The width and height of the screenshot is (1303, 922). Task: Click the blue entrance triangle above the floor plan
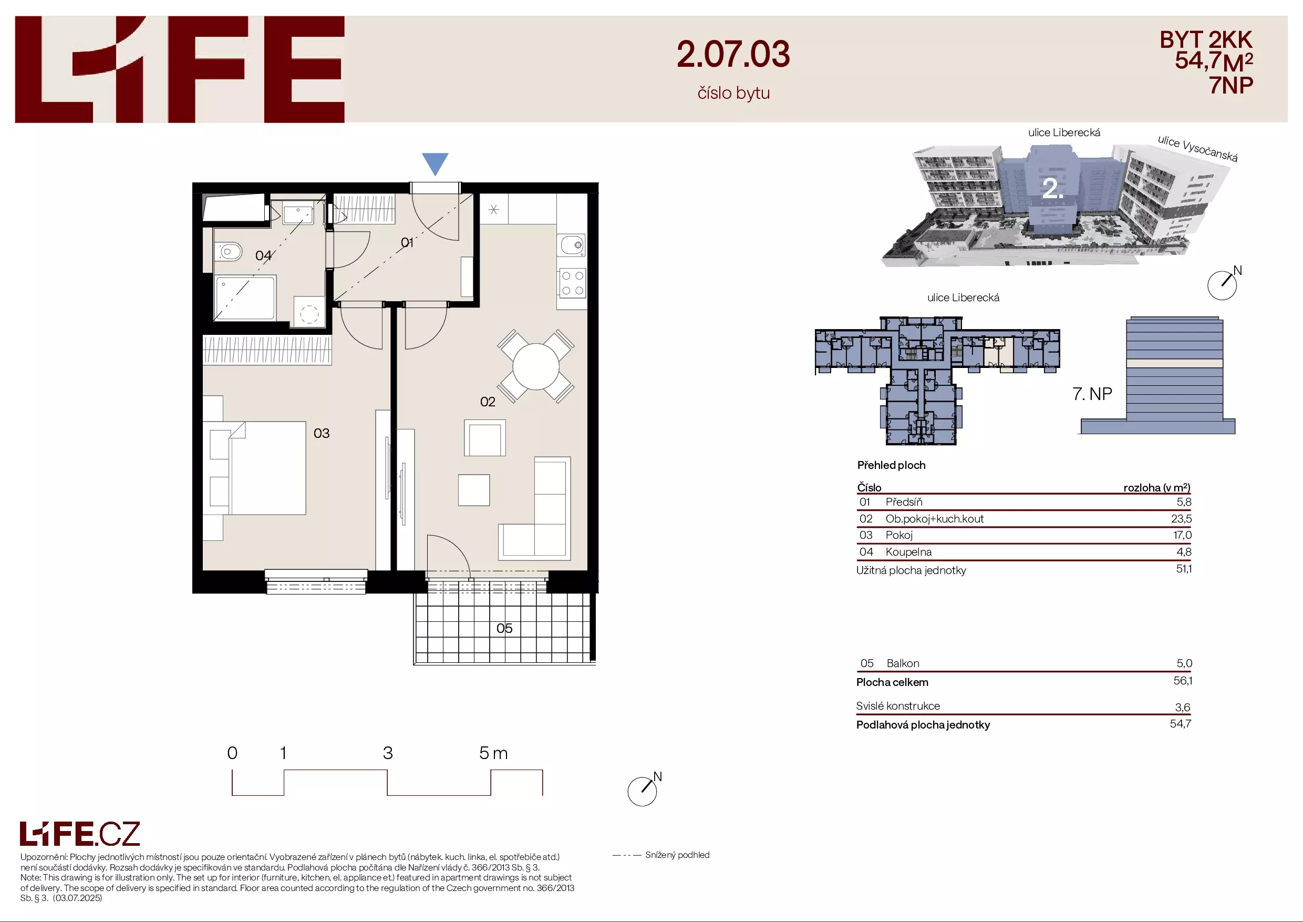(x=435, y=163)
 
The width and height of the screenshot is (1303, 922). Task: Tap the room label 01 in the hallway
(x=407, y=242)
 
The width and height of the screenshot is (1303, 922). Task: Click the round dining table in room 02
(x=536, y=366)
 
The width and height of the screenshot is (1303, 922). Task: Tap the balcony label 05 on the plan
(x=504, y=628)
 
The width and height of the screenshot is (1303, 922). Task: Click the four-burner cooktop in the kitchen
(x=572, y=283)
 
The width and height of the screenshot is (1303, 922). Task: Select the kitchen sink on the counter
(x=573, y=245)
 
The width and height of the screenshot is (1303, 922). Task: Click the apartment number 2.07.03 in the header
(x=733, y=55)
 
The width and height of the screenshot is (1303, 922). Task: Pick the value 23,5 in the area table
(x=1181, y=518)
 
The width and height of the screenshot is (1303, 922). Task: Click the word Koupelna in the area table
(x=908, y=552)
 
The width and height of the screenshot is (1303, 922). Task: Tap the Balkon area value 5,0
(x=1184, y=663)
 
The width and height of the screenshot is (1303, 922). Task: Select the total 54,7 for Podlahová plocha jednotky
(x=1181, y=723)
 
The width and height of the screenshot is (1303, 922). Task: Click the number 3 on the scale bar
(x=388, y=753)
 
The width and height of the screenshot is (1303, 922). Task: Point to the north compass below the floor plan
(x=643, y=790)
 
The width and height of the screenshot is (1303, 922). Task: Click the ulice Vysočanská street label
(x=1197, y=148)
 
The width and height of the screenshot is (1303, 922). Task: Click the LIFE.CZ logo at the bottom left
(x=80, y=834)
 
